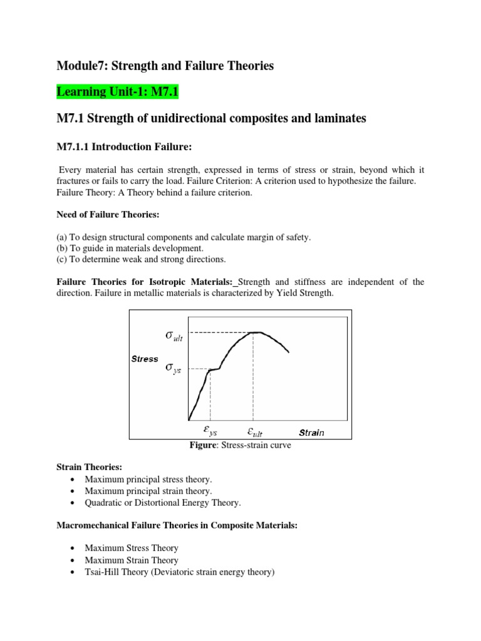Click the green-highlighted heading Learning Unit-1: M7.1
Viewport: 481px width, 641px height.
[x=118, y=92]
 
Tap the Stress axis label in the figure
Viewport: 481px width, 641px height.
[x=145, y=359]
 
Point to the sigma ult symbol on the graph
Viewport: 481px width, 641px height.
[x=174, y=336]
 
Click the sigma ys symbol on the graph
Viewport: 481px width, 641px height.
[x=172, y=368]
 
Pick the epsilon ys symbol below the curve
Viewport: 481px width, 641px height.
[x=209, y=431]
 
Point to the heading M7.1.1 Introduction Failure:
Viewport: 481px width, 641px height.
[x=123, y=147]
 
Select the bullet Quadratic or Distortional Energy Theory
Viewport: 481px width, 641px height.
[x=163, y=503]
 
